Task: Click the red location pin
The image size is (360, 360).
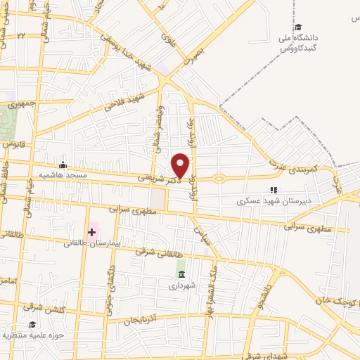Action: click(x=181, y=165)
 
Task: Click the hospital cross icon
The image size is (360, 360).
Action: click(x=92, y=231)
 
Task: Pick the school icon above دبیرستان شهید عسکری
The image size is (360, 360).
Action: click(x=273, y=190)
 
